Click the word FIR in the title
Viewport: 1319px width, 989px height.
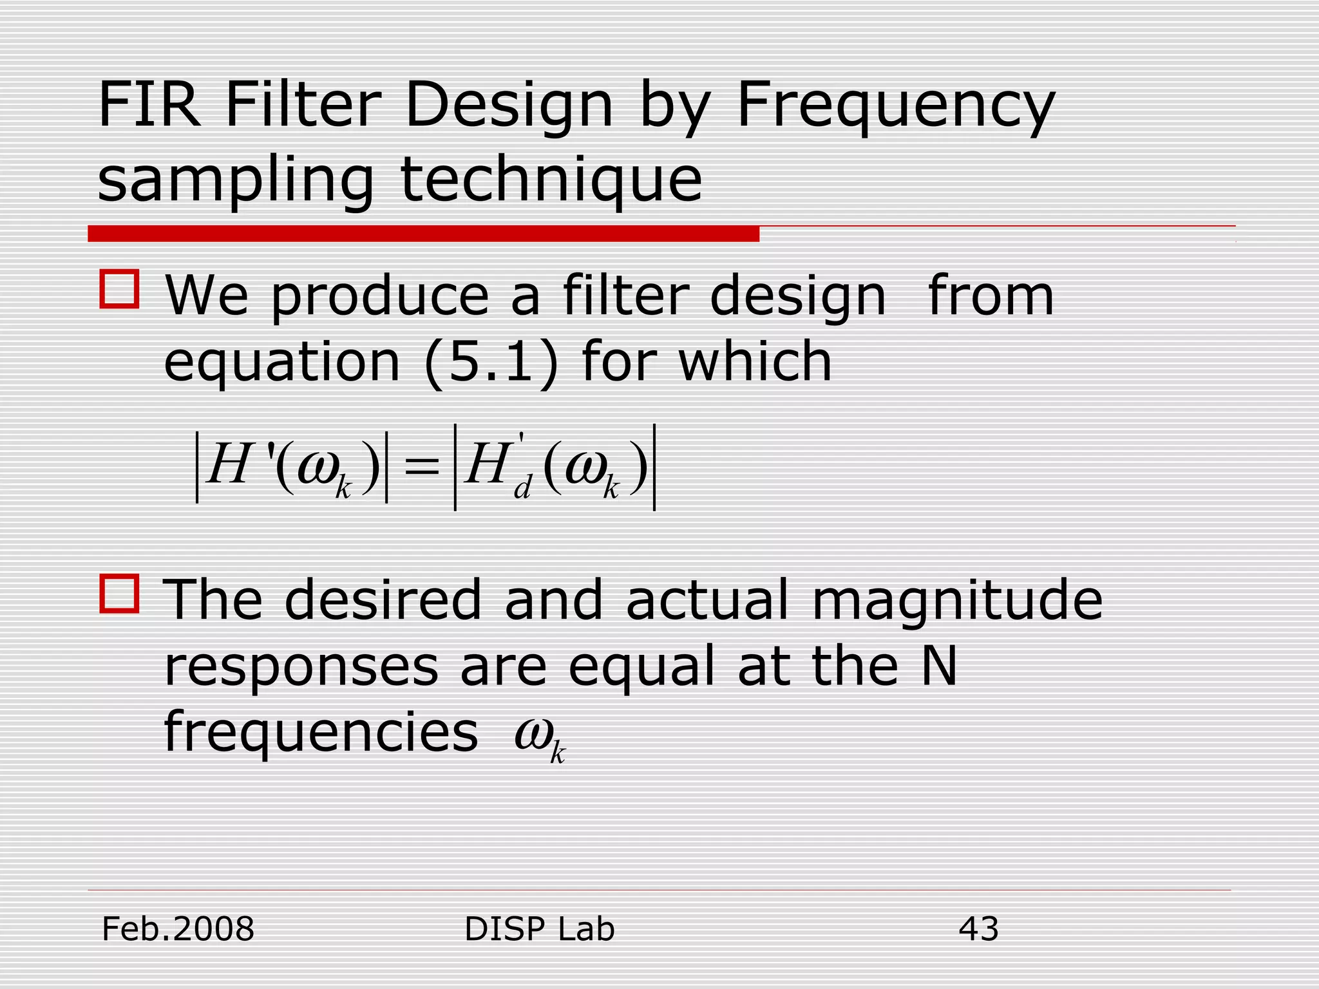coord(149,104)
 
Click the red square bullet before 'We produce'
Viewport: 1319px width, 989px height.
coord(119,290)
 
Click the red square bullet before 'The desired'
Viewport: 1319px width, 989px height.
coord(119,594)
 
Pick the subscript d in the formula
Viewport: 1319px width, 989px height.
coord(522,489)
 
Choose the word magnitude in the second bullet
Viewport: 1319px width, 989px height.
coord(957,601)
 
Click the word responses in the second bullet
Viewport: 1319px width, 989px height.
coord(301,668)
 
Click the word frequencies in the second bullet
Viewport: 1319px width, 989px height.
coord(321,733)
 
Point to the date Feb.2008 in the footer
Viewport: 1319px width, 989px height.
coord(178,929)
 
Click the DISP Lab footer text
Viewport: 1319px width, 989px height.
coord(539,929)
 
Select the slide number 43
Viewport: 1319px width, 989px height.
coord(978,929)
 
